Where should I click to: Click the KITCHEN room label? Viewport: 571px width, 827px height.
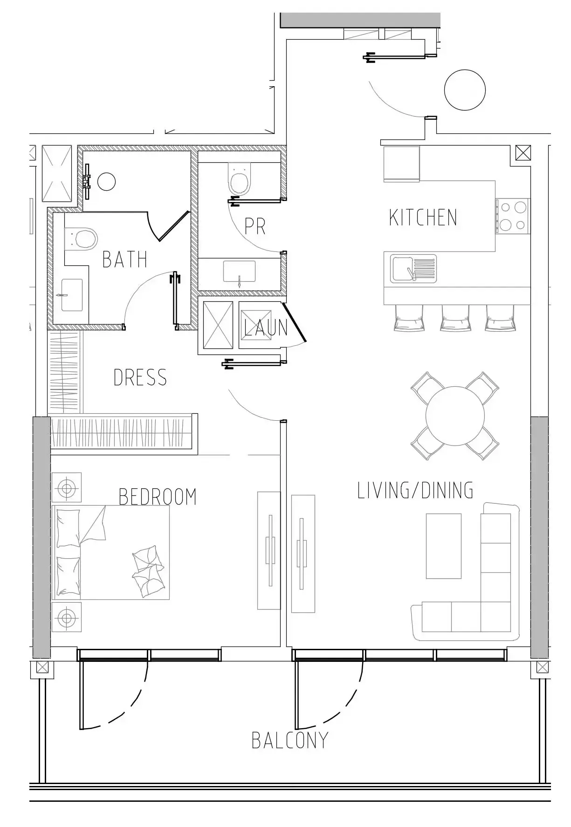point(423,218)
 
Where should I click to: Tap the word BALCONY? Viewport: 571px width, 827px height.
point(290,740)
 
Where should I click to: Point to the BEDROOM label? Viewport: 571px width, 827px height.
point(158,497)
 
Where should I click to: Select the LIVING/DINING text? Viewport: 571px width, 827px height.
point(415,490)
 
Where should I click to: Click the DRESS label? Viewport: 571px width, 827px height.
point(140,377)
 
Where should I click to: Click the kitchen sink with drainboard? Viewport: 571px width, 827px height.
point(413,269)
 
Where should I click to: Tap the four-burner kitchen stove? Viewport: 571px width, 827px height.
point(513,216)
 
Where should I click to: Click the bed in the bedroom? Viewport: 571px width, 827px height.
point(111,552)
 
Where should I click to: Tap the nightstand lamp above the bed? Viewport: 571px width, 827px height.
point(67,488)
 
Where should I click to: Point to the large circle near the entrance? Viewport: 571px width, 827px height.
point(465,90)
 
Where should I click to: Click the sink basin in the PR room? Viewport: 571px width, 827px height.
point(239,271)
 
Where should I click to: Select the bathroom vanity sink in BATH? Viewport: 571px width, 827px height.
point(72,295)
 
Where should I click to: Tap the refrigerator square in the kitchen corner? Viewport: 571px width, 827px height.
point(401,164)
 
